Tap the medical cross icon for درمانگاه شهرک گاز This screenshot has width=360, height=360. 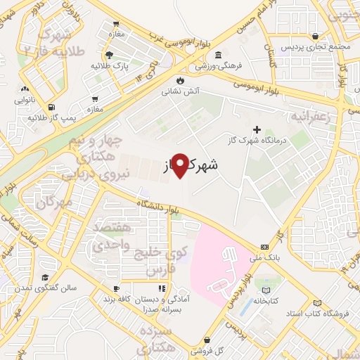pyautogui.click(x=257, y=129)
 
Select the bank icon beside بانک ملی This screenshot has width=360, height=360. pyautogui.click(x=264, y=247)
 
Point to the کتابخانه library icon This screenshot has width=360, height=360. pyautogui.click(x=266, y=289)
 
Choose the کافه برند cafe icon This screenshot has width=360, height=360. pyautogui.click(x=117, y=288)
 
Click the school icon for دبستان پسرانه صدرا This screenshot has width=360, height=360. pyautogui.click(x=162, y=288)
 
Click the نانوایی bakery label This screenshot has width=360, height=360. pyautogui.click(x=29, y=101)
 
